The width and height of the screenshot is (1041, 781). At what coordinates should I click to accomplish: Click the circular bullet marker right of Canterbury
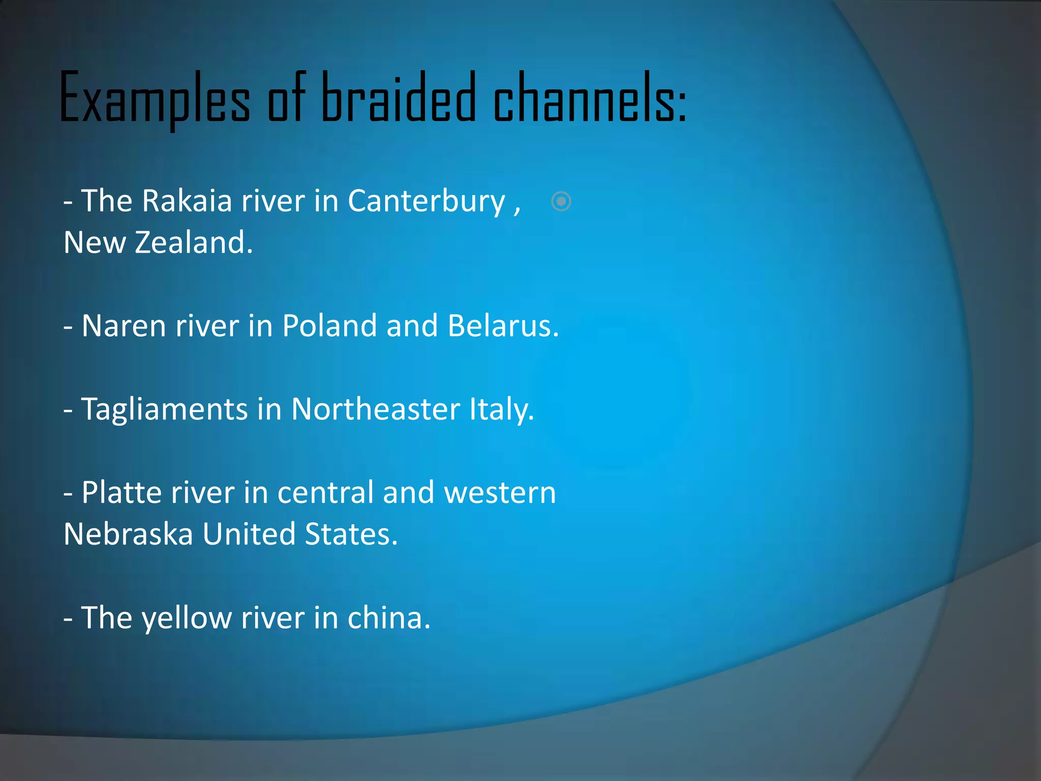point(561,201)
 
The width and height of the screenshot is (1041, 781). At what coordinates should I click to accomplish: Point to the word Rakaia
point(187,201)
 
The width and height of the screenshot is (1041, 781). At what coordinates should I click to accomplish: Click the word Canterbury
point(426,202)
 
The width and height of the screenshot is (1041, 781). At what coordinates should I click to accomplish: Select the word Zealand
point(194,243)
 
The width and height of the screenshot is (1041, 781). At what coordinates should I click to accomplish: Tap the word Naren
point(124,326)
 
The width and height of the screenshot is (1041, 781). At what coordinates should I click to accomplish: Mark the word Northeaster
point(376,409)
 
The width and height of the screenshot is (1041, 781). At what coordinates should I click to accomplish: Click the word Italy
point(501,410)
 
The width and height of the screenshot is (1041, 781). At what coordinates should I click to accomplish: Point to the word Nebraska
point(129,534)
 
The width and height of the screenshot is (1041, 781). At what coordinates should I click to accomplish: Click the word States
point(351,534)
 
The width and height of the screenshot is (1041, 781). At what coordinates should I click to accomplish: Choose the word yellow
point(187,619)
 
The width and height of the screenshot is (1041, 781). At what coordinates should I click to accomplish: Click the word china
point(388,618)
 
